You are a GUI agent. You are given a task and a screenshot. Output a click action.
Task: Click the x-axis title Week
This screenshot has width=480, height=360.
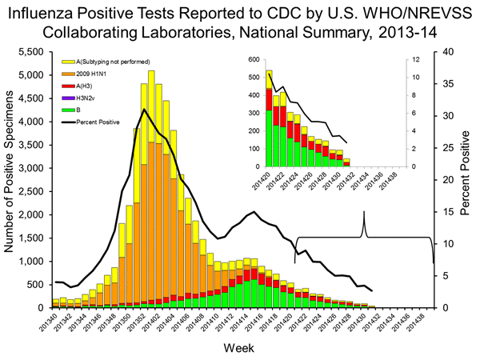240,350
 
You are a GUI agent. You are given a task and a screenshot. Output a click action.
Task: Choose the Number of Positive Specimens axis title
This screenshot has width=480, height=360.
10,179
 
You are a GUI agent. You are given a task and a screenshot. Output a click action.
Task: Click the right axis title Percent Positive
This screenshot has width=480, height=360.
465,179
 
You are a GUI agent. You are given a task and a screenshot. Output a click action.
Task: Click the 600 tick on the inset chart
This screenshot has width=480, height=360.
254,60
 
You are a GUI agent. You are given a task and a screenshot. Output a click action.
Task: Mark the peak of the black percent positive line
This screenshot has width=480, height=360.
144,109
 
